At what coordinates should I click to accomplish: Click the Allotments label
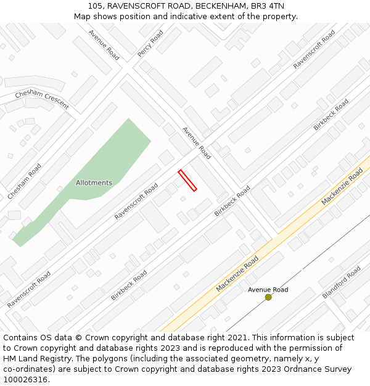click(94, 183)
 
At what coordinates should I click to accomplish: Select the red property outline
click(187, 180)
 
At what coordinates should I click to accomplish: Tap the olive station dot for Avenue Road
click(268, 297)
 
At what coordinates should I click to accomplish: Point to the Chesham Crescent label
click(42, 99)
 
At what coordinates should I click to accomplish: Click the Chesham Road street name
click(25, 181)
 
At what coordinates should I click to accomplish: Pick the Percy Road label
click(150, 44)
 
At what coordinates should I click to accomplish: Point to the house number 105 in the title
click(96, 6)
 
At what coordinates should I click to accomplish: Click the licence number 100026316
click(26, 380)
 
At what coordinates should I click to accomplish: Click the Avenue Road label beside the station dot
click(268, 290)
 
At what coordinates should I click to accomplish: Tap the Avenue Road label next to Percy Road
click(104, 44)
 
